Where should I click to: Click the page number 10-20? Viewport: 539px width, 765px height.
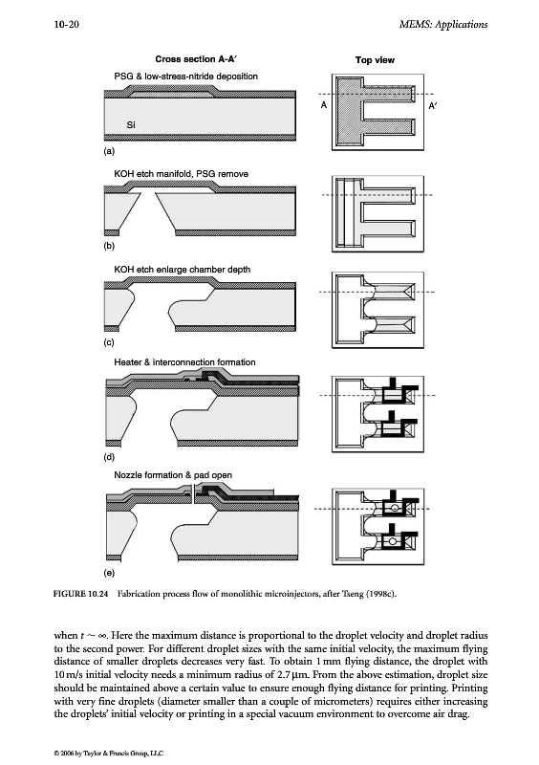click(66, 25)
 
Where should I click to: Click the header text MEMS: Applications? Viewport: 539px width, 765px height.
click(442, 25)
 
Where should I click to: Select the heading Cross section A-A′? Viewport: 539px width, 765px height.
click(197, 59)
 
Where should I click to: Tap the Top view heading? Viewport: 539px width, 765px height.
click(375, 60)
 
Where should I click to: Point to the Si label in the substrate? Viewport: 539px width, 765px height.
click(131, 125)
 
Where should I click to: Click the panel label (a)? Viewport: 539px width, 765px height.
click(109, 151)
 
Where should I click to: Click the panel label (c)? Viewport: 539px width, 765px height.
click(109, 342)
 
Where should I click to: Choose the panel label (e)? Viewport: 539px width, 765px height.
click(109, 573)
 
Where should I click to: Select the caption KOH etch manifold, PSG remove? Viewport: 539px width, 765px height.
click(181, 174)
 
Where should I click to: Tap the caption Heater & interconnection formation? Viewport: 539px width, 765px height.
click(184, 362)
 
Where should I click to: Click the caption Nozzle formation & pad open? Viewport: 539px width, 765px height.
click(173, 474)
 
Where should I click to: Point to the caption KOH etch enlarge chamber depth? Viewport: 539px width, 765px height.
click(182, 270)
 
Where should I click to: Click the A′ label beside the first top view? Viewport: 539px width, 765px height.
click(432, 105)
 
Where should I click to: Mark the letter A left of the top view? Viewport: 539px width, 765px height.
click(323, 105)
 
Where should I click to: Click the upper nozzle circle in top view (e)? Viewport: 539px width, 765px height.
click(395, 509)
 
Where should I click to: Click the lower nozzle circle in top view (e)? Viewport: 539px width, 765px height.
click(392, 540)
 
